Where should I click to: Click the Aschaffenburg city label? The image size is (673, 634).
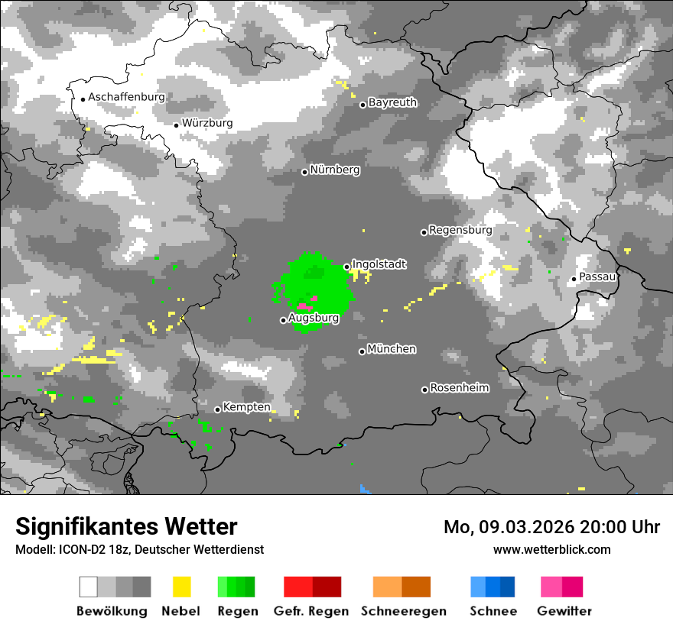126,98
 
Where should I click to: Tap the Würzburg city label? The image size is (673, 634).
207,123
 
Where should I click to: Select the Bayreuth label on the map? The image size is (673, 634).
392,102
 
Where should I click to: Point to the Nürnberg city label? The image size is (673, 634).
334,170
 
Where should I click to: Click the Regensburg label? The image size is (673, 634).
460,230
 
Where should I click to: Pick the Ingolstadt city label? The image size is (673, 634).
379,264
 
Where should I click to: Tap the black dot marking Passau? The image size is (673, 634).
574,279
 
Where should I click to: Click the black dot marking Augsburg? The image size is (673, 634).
283,320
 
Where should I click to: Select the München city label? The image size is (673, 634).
392,349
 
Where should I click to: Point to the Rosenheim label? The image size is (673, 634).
459,388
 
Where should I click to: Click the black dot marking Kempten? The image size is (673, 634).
217,409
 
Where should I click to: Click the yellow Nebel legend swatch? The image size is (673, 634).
181,587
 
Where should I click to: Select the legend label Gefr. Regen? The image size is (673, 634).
310,611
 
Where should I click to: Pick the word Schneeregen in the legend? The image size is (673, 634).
404,611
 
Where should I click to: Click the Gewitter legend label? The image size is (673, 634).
564,611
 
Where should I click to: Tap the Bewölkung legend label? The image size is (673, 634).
112,611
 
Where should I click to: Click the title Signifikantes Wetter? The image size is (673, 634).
126,527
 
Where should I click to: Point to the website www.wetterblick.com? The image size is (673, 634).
552,549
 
